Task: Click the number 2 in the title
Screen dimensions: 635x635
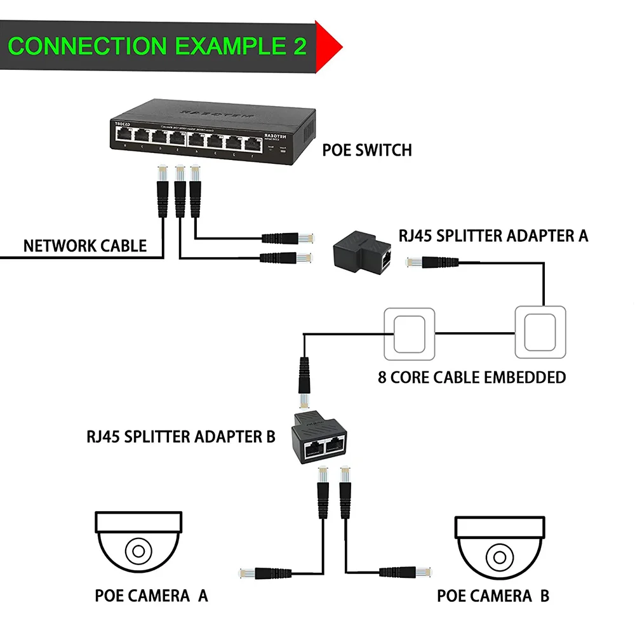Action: [298, 46]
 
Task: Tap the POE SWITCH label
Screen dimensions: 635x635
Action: [367, 150]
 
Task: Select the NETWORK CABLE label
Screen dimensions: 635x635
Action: [84, 246]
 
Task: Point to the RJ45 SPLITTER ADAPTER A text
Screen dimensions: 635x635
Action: [493, 236]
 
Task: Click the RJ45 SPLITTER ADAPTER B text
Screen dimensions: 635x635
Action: [181, 437]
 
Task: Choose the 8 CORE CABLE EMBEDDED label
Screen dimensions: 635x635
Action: [472, 377]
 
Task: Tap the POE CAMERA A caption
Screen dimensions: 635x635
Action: [151, 596]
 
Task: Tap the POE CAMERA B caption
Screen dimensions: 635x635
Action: [493, 596]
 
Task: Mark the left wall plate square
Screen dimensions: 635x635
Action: [409, 334]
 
